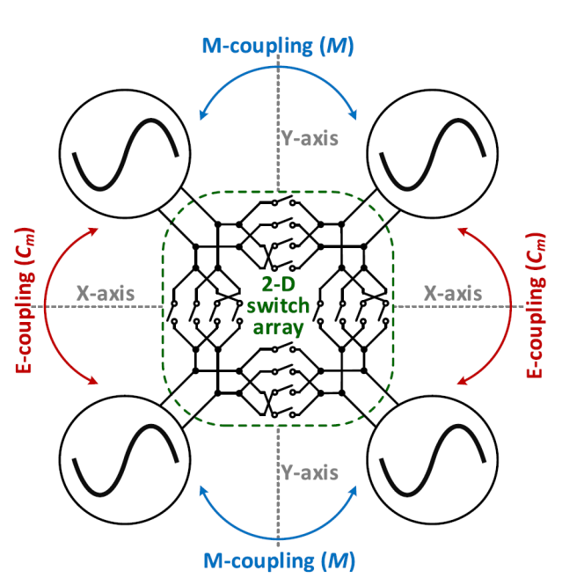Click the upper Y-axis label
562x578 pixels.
(x=310, y=138)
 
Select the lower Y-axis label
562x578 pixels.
(x=310, y=473)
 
